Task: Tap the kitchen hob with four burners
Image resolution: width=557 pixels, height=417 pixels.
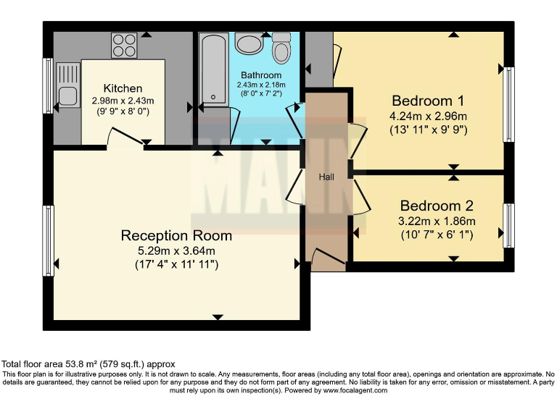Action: coord(125,45)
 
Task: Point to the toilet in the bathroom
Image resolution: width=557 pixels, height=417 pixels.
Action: coord(281,49)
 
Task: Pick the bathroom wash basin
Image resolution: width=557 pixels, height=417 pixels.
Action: coord(250,44)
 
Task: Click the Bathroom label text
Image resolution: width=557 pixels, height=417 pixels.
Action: coord(261,75)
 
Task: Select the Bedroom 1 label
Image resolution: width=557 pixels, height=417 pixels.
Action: coord(428,101)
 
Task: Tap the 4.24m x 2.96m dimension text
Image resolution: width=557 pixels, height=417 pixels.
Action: coord(429,116)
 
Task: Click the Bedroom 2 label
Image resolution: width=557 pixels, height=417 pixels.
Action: coord(430,206)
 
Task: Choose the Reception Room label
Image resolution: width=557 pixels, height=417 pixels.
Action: coord(176,235)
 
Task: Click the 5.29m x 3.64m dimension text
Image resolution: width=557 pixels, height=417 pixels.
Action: coord(176,250)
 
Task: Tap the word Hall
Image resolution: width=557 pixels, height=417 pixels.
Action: coord(326,177)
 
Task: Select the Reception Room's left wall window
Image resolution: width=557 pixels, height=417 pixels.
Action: coord(49,240)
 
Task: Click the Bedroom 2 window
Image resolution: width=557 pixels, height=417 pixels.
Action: coord(508,224)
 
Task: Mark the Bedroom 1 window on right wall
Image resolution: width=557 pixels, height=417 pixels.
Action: coord(509,104)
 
